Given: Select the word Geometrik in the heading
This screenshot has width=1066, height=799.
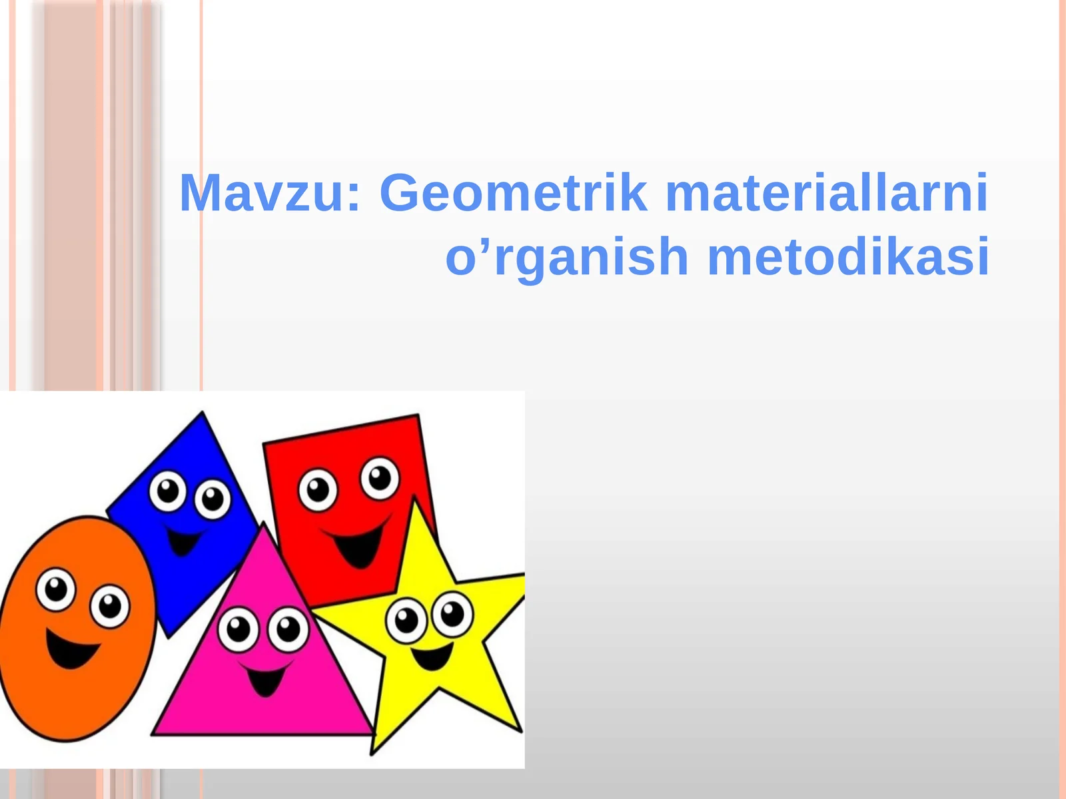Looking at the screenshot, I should [512, 194].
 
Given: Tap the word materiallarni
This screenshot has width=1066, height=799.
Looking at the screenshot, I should [826, 194].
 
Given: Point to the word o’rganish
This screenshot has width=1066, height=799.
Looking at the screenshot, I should [566, 257].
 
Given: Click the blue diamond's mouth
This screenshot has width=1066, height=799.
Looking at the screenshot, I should [183, 541].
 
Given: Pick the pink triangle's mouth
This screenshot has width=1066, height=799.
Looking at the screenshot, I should [265, 679].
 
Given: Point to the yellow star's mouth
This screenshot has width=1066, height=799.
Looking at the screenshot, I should [432, 656].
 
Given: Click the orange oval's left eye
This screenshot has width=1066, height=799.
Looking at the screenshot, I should [55, 589].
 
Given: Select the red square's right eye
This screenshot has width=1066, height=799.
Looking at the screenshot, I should [380, 477].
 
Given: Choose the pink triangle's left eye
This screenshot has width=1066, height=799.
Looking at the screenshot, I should [238, 629].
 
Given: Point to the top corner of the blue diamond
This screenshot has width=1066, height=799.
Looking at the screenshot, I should [203, 413].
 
